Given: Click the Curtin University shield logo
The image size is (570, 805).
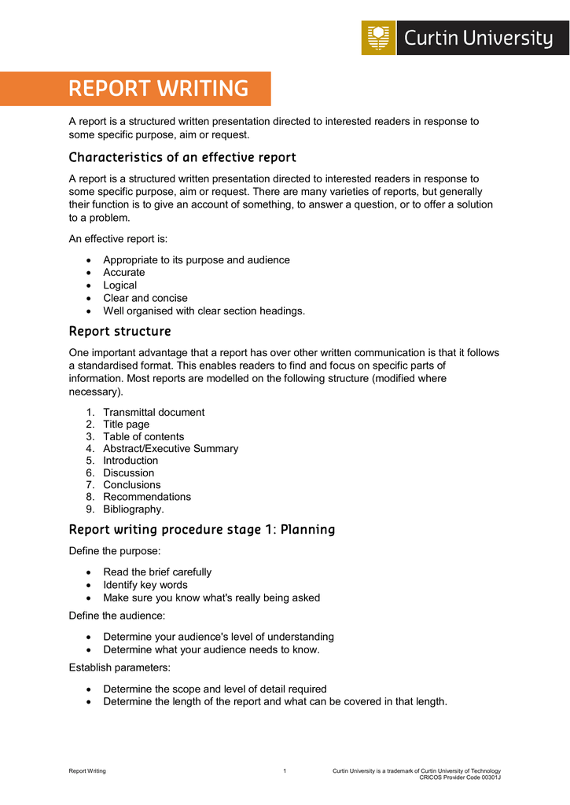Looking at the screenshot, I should click(x=378, y=38).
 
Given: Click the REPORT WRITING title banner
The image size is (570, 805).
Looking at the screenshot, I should click(x=158, y=89).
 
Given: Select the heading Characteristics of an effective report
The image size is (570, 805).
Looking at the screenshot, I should click(x=182, y=157).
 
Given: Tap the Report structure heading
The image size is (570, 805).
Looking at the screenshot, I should click(x=120, y=331).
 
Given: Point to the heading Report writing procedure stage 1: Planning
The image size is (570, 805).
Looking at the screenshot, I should click(x=201, y=529).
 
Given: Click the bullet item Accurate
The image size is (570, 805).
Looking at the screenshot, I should click(x=124, y=272).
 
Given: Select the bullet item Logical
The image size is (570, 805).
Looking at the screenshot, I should click(x=120, y=285).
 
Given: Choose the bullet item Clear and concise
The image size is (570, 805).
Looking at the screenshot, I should click(x=145, y=298).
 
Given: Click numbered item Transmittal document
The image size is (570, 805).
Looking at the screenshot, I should click(x=153, y=412).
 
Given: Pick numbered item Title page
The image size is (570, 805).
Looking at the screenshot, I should click(x=126, y=425).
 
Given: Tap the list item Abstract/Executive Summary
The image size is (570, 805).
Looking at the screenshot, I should click(x=171, y=448).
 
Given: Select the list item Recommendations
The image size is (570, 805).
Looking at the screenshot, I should click(x=147, y=497).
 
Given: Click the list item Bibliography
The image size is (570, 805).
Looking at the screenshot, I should click(x=134, y=509).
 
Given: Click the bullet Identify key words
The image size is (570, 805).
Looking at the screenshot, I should click(x=145, y=585).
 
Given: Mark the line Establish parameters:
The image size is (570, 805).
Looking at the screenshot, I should click(x=119, y=667).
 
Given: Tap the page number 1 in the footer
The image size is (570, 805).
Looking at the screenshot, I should click(x=285, y=771).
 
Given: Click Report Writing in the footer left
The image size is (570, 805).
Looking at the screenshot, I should click(x=87, y=771).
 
